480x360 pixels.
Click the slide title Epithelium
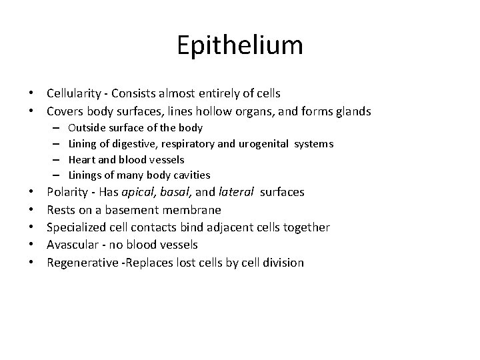[x=240, y=45]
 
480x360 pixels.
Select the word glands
[x=352, y=111]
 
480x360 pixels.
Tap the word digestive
[x=131, y=143]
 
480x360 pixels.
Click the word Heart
[x=81, y=159]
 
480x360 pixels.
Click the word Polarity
[x=68, y=192]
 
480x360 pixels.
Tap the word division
[x=283, y=262]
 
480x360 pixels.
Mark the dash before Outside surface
[x=54, y=127]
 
